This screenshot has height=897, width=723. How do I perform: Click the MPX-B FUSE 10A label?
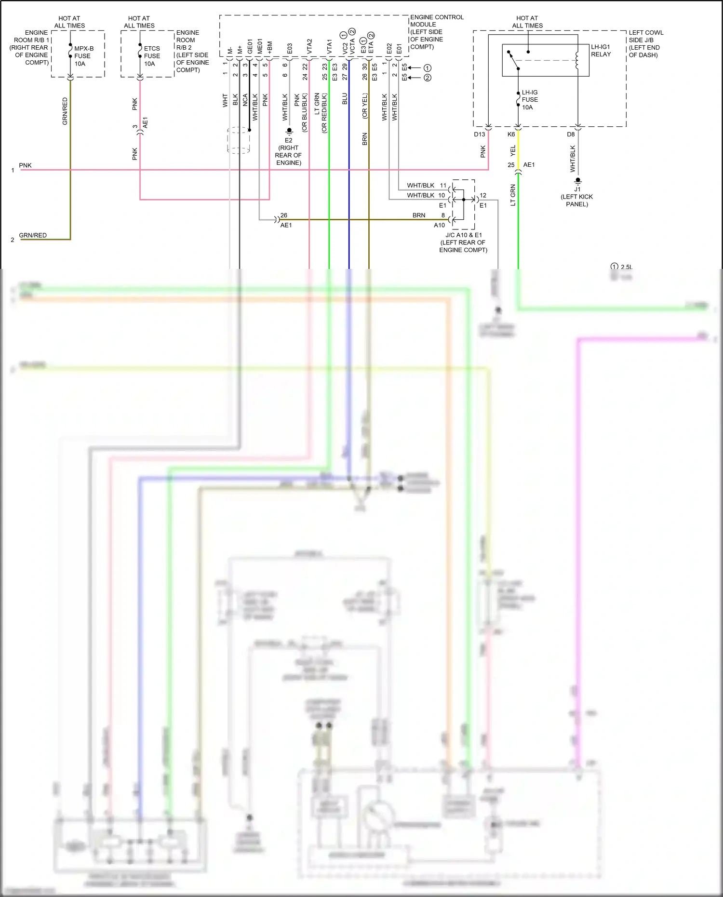click(83, 56)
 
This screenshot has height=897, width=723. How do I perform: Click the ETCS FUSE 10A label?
click(152, 56)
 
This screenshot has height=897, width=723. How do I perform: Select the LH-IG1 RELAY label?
click(601, 51)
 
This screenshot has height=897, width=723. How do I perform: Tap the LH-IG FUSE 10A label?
click(529, 100)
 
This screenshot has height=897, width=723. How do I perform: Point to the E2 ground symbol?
click(289, 131)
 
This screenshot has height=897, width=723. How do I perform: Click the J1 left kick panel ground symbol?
click(578, 181)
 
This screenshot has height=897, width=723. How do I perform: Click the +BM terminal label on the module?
click(269, 47)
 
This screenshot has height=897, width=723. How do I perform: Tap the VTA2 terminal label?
click(309, 46)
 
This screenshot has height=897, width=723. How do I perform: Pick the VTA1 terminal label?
click(329, 46)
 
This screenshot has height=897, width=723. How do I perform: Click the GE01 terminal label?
click(250, 46)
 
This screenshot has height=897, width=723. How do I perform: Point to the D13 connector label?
click(479, 134)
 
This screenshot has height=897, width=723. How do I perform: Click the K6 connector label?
click(511, 134)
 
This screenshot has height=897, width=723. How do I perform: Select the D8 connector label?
click(571, 134)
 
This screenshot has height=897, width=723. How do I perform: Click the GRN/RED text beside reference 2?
click(33, 235)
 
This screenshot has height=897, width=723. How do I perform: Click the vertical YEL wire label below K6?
click(513, 150)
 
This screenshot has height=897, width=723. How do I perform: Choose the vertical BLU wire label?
click(345, 99)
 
